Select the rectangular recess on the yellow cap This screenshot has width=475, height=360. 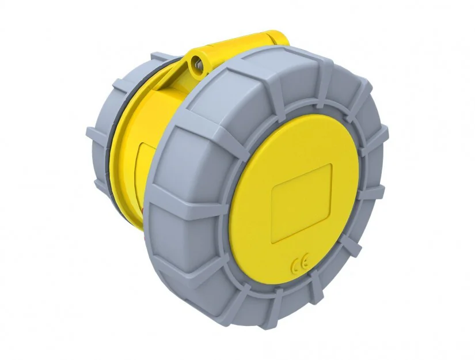302,203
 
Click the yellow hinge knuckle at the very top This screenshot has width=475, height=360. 274,38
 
